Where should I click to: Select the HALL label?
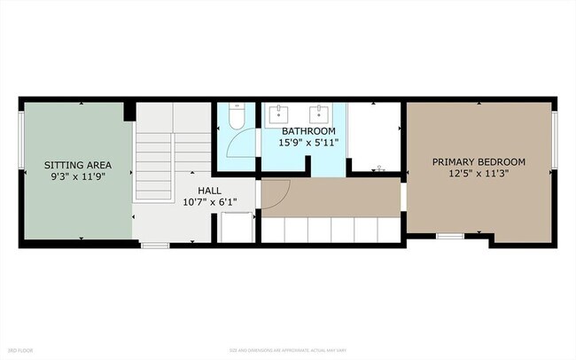coord(209,189)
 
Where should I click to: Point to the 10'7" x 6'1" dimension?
coord(209,201)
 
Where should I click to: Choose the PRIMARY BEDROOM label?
coord(479,162)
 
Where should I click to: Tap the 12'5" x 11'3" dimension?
coord(479,174)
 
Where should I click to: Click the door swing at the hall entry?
coord(276,192)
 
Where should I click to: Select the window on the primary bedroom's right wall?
coord(554,139)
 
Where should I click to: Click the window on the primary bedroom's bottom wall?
coord(450,237)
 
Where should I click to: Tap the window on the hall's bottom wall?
coord(154,244)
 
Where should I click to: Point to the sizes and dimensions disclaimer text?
coord(287,351)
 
